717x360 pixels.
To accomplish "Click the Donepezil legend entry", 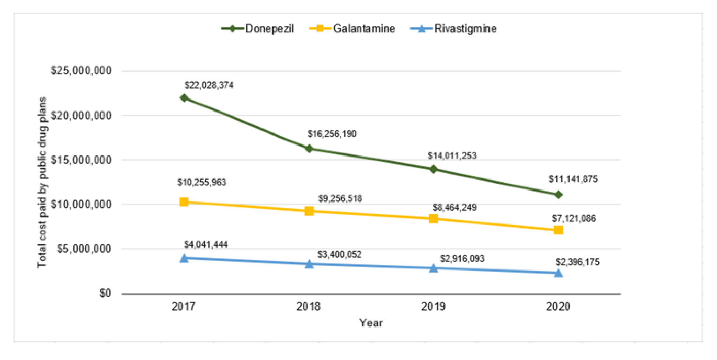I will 258,29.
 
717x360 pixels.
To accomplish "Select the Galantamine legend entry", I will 352,29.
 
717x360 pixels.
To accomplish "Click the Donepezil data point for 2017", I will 184,97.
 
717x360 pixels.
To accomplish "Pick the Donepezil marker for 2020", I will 558,195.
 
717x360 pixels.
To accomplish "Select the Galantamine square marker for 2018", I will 309,211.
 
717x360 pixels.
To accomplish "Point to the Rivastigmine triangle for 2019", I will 433,268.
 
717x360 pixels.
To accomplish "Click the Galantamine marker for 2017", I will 184,202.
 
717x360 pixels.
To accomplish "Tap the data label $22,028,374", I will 209,86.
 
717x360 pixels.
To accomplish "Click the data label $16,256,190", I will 332,134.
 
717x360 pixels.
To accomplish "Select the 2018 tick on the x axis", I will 308,307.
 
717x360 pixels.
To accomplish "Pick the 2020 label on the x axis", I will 558,307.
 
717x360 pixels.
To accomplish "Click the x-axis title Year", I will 371,323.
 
